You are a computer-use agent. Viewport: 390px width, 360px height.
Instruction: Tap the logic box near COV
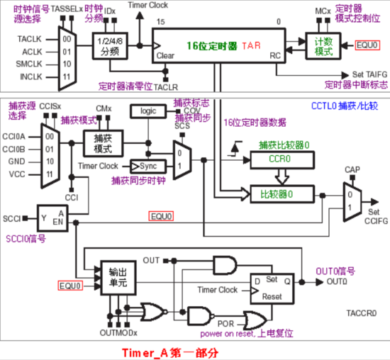point(147,111)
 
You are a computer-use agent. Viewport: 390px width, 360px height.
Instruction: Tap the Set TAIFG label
point(369,74)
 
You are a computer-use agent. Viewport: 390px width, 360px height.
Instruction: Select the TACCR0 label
point(363,312)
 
